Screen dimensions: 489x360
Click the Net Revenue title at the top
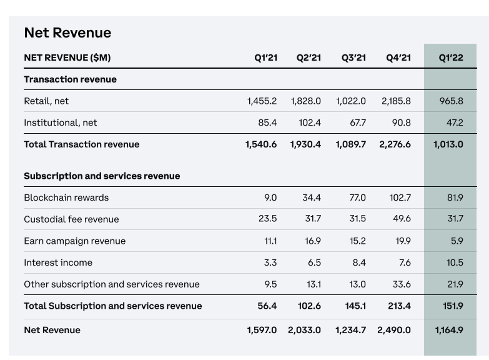[67, 32]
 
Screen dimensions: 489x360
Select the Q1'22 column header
[451, 57]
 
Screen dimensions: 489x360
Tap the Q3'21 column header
[353, 57]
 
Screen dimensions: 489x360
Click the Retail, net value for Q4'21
[396, 101]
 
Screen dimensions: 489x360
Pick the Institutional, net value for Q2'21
[310, 122]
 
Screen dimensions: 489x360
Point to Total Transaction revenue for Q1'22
[448, 144]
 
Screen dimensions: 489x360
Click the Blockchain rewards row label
[66, 197]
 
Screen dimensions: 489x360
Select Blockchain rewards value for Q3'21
[357, 197]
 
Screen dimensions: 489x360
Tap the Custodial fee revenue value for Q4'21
[402, 219]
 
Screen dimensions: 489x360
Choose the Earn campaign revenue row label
[75, 241]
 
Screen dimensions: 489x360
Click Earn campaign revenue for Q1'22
[457, 241]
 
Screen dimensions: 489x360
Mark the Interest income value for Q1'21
[270, 262]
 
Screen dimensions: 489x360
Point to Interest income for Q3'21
[359, 262]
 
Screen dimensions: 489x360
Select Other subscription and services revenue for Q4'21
[402, 284]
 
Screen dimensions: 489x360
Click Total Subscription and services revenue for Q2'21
[309, 306]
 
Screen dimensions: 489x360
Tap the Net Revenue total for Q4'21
[394, 330]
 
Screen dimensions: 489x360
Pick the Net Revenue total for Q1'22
[449, 330]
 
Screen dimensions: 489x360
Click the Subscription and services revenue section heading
[102, 176]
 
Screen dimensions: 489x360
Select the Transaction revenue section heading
[70, 79]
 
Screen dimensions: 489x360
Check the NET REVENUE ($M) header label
[67, 57]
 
